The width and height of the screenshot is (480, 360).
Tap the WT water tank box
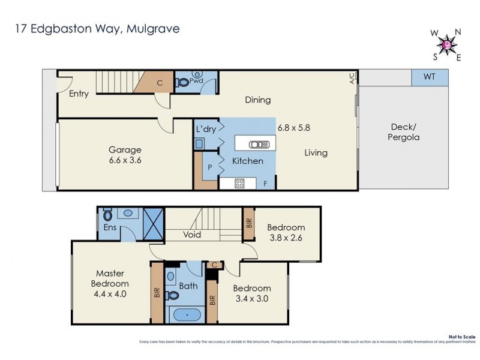[429, 77]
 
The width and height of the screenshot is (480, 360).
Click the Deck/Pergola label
[405, 132]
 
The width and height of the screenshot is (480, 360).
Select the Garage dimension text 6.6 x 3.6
[125, 160]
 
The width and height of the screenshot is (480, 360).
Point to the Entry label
[79, 94]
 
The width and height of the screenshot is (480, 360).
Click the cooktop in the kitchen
[239, 184]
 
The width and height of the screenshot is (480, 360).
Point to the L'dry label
[205, 129]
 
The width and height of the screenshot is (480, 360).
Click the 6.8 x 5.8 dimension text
[293, 127]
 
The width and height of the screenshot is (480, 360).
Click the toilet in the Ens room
[108, 215]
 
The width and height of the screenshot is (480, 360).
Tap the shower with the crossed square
[153, 224]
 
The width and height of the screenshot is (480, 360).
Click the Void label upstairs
[192, 235]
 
